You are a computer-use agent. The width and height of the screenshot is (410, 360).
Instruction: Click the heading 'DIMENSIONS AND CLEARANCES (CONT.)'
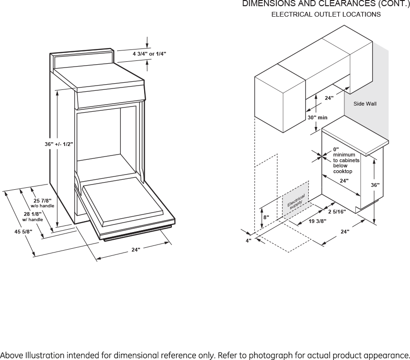(326, 4)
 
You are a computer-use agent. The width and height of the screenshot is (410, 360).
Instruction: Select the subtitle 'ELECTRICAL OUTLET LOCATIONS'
(326, 15)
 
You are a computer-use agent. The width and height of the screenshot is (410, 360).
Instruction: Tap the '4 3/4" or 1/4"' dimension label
(149, 54)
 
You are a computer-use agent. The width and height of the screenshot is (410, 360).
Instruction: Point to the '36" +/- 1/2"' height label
(59, 144)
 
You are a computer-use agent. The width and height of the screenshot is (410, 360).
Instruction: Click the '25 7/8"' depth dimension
(42, 201)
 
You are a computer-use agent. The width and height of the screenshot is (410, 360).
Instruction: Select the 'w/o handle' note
(42, 206)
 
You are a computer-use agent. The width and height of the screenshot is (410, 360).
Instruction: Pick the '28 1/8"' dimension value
(33, 214)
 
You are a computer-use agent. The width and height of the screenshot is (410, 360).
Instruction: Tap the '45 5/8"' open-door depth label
(22, 232)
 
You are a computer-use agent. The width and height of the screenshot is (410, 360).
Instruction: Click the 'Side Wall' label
(365, 104)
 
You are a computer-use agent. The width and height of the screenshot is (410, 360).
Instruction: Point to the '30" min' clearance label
(317, 117)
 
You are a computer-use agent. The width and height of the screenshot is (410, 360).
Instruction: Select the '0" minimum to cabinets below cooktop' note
(346, 160)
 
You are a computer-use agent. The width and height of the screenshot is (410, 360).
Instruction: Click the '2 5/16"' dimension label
(337, 211)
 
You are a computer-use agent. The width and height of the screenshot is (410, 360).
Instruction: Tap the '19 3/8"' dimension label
(317, 222)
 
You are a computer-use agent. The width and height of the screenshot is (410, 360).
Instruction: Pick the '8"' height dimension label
(266, 217)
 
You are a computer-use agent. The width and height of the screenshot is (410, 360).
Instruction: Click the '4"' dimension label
(248, 241)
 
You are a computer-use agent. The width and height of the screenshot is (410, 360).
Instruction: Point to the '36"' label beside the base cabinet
(375, 185)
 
